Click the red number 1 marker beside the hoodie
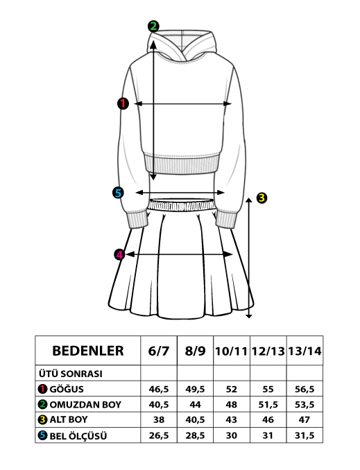pos(123,103)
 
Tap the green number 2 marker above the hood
pos(153,26)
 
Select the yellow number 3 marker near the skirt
pos(262,198)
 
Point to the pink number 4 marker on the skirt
pos(119,255)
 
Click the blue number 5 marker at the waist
pos(118,193)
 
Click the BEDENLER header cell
pos(88,351)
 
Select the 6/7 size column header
pos(159,351)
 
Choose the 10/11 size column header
pos(232,351)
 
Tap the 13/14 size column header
pos(305,351)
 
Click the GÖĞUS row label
pos(67,389)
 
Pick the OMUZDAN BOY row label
pos(85,405)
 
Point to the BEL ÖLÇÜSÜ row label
pos(78,436)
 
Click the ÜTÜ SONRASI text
pos(71,374)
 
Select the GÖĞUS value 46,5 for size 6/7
pos(159,390)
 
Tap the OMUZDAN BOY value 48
pos(232,405)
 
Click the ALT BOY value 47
pos(305,419)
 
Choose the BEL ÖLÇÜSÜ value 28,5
pos(196,435)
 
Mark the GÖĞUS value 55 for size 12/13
pos(268,390)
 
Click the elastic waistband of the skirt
pos(182,204)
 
